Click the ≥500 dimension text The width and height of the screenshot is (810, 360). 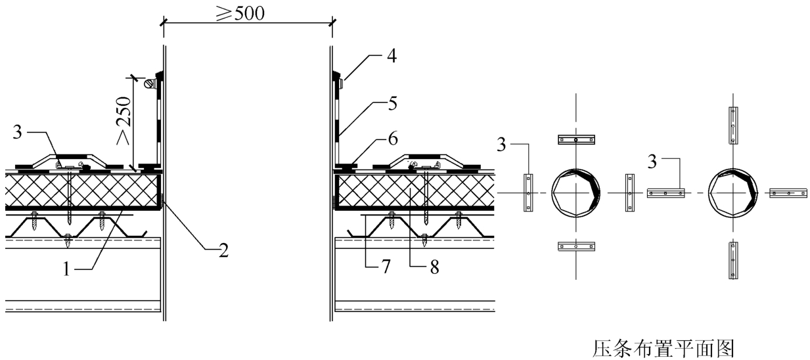coord(240,13)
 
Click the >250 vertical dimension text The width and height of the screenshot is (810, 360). coord(124,120)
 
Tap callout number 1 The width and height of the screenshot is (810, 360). coord(66,269)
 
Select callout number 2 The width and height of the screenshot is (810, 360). coord(223,250)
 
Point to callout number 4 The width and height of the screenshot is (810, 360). coord(392,56)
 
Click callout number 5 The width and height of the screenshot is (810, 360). coord(393,104)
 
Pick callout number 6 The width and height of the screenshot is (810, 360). coord(393,139)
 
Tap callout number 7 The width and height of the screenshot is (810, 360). coord(386,267)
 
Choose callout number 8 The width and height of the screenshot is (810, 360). coord(434,267)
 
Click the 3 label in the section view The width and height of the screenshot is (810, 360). coord(17,132)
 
